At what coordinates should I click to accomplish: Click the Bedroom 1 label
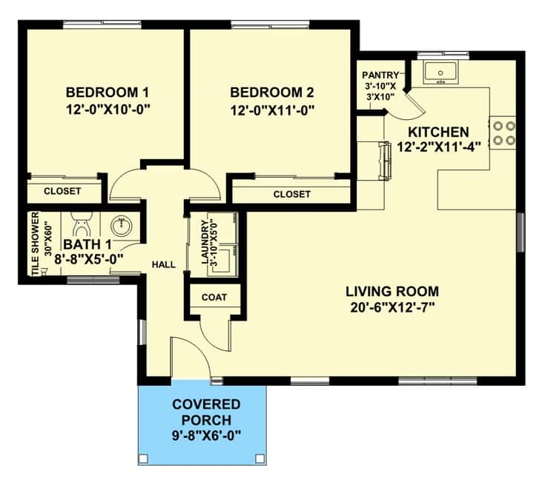pyautogui.click(x=108, y=93)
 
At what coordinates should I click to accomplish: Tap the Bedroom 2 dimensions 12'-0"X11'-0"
pyautogui.click(x=272, y=110)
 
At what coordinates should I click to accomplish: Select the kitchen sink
pyautogui.click(x=440, y=73)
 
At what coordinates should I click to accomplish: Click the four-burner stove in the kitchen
pyautogui.click(x=503, y=133)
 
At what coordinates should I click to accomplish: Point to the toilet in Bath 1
pyautogui.click(x=82, y=224)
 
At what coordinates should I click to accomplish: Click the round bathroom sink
pyautogui.click(x=122, y=226)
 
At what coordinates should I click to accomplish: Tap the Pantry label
pyautogui.click(x=380, y=75)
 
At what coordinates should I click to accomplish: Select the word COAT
pyautogui.click(x=214, y=297)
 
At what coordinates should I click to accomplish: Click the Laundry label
pyautogui.click(x=205, y=241)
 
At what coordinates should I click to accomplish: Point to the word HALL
pyautogui.click(x=164, y=265)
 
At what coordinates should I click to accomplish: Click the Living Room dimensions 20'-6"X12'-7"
pyautogui.click(x=392, y=307)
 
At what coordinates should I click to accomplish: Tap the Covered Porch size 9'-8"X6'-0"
pyautogui.click(x=207, y=435)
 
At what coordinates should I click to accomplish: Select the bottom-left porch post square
pyautogui.click(x=144, y=458)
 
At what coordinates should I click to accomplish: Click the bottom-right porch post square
pyautogui.click(x=260, y=458)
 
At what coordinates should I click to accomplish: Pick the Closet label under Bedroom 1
pyautogui.click(x=62, y=191)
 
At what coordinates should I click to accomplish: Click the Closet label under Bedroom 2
pyautogui.click(x=292, y=194)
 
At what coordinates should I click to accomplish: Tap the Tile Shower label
pyautogui.click(x=36, y=244)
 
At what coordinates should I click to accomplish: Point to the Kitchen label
pyautogui.click(x=438, y=133)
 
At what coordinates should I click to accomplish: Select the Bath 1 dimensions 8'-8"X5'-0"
pyautogui.click(x=89, y=260)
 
